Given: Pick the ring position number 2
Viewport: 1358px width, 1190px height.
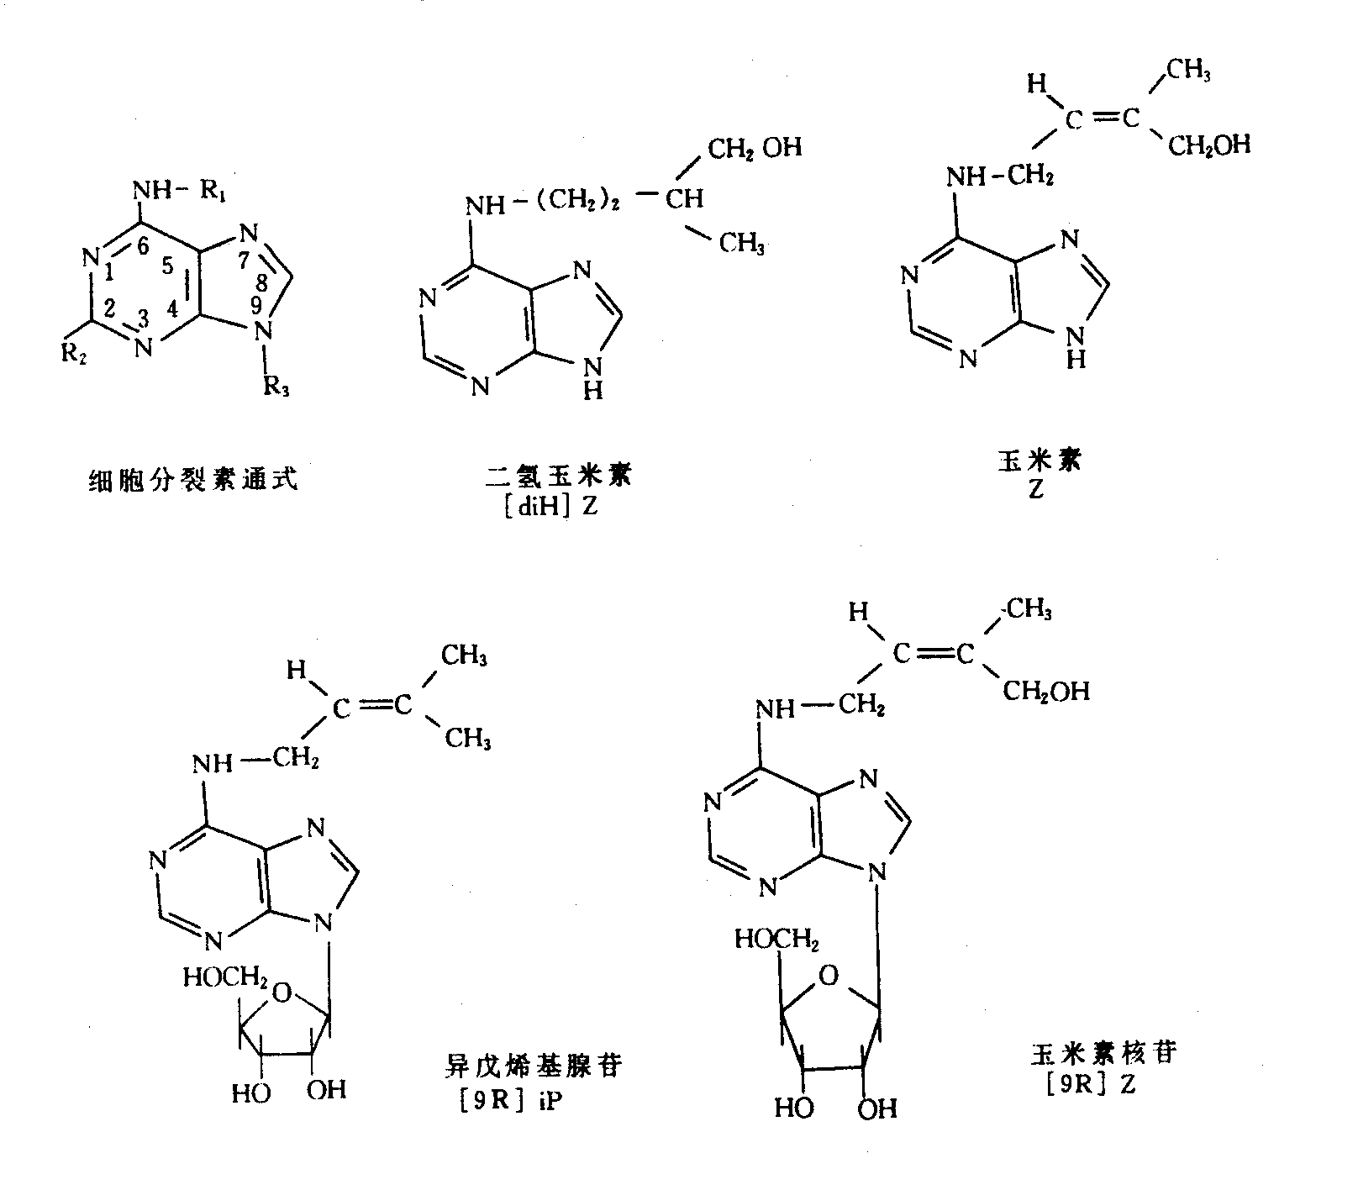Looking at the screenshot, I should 110,309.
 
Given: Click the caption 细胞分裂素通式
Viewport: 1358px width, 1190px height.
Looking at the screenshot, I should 193,482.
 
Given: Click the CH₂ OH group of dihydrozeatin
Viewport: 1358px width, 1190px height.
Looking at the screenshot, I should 754,149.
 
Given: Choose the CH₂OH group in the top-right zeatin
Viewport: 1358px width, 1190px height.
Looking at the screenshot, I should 1208,145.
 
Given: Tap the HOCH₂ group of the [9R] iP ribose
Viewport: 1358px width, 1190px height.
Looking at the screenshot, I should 225,977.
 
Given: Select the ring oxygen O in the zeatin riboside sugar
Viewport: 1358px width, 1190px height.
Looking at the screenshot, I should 829,976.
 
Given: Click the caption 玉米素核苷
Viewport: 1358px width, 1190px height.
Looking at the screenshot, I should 1101,1053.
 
